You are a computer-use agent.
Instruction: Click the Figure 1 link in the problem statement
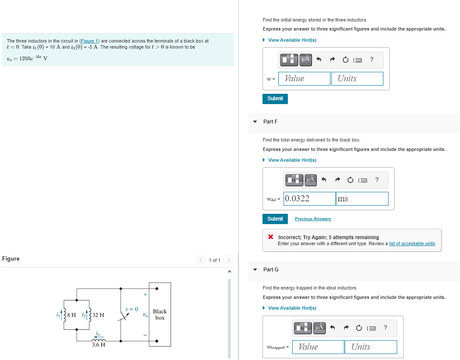click(x=90, y=41)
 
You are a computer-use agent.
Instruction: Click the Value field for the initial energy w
click(x=304, y=79)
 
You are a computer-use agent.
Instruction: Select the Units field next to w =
click(x=357, y=79)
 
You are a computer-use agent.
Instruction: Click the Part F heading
click(x=270, y=122)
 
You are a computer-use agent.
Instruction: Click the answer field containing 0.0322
click(x=309, y=199)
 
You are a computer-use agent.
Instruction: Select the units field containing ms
click(x=362, y=199)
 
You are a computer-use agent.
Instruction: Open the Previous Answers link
click(x=313, y=219)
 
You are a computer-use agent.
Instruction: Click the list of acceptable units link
click(x=412, y=243)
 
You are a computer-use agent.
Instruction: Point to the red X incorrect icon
click(x=271, y=237)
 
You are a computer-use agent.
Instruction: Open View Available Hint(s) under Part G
click(x=292, y=308)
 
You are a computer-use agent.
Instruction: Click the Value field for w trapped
click(x=318, y=347)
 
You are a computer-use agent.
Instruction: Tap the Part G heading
click(x=271, y=270)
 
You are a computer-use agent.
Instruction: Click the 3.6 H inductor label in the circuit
click(x=99, y=345)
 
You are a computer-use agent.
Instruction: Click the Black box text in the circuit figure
click(x=160, y=314)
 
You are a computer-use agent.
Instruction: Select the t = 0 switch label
click(x=131, y=309)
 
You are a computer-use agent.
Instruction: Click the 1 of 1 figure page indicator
click(x=215, y=260)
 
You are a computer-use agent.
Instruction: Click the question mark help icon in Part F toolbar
click(x=377, y=180)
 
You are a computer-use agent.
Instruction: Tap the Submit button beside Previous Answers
click(x=275, y=219)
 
